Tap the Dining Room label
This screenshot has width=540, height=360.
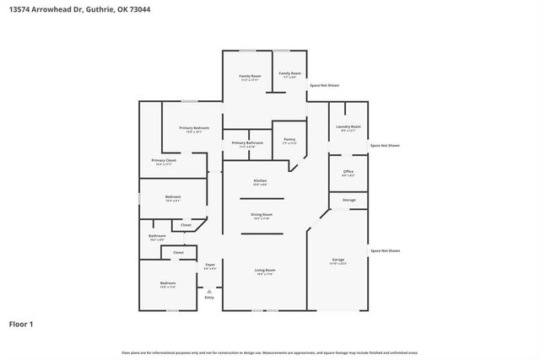tap(262, 215)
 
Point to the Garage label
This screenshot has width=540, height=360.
tap(338, 260)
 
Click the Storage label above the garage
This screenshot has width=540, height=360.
tap(348, 200)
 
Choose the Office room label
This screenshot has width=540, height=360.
tap(348, 172)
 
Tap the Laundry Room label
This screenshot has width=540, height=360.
tap(349, 127)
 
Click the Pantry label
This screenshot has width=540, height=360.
tap(289, 140)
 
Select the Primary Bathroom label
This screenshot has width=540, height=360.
tap(247, 143)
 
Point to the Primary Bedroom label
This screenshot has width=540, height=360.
tap(194, 128)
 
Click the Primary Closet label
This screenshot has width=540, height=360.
tap(164, 161)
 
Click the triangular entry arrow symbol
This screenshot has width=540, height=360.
tap(209, 291)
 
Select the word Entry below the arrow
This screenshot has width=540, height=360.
tap(209, 298)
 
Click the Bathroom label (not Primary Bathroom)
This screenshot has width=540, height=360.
tap(158, 237)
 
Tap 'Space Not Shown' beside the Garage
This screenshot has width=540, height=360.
tap(385, 250)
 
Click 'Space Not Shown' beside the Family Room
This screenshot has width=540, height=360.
tap(324, 85)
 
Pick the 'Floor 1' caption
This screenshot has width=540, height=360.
tap(21, 324)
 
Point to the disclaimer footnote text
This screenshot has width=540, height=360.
tap(269, 352)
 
